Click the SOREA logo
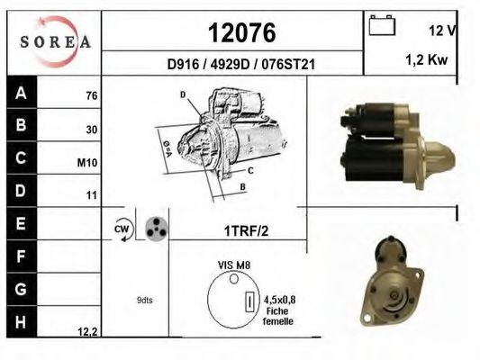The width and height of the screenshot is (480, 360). [x=56, y=41]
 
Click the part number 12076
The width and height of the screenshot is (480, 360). [x=242, y=32]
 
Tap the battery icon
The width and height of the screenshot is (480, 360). [x=382, y=25]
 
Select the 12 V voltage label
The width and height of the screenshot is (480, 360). [x=442, y=31]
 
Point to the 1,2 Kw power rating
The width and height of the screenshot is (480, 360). [x=427, y=59]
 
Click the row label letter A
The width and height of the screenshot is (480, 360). [x=21, y=93]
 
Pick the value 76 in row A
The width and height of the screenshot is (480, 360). [x=92, y=95]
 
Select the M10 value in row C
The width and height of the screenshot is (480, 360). [x=87, y=163]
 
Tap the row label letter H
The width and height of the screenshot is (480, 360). [x=21, y=322]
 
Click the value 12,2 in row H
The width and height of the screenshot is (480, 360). [x=87, y=331]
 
